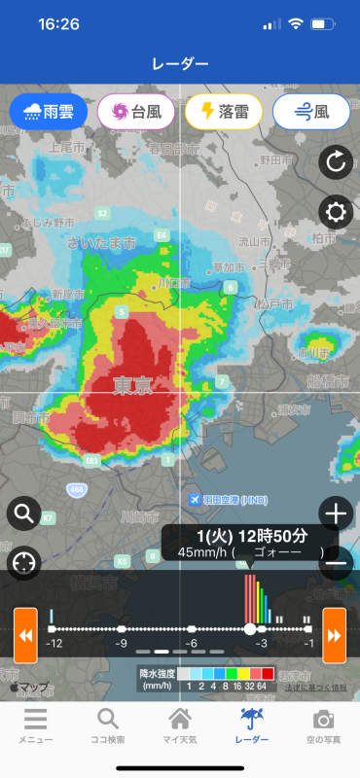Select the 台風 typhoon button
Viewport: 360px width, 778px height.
(x=136, y=112)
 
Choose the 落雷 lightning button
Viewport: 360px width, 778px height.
(x=224, y=112)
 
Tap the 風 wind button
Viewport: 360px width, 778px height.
(x=311, y=112)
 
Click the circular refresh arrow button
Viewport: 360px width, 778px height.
(x=336, y=162)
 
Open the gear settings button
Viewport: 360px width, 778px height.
(x=336, y=211)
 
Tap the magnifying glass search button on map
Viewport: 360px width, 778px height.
(x=24, y=512)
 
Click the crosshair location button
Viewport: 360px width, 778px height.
(x=24, y=562)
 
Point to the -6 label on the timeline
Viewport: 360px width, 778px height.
(x=193, y=644)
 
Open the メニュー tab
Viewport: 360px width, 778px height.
(x=35, y=725)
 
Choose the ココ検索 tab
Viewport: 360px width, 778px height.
(x=107, y=725)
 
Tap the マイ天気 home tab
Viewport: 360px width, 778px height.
(x=180, y=725)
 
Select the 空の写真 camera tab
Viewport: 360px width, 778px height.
(x=325, y=725)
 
